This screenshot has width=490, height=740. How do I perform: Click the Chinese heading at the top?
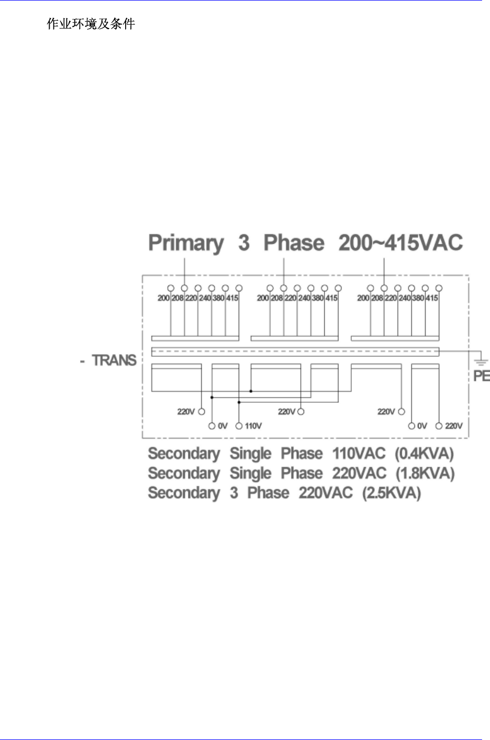click(91, 24)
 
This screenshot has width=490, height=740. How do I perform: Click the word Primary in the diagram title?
click(186, 243)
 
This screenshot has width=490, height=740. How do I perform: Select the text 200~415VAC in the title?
click(400, 243)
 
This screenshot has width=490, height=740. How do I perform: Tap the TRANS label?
click(114, 360)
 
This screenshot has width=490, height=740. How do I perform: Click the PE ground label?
click(481, 376)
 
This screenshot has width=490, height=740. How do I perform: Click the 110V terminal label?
click(253, 426)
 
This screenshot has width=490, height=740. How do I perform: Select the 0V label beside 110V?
click(222, 426)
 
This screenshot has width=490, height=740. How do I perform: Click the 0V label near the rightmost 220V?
click(422, 426)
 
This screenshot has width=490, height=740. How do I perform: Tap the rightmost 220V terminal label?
click(454, 426)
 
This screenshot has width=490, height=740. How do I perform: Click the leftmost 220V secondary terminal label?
click(186, 412)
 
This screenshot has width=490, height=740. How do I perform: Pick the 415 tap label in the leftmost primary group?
click(232, 298)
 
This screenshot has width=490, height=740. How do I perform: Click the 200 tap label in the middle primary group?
click(263, 298)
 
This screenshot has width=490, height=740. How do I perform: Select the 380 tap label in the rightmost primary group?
click(418, 298)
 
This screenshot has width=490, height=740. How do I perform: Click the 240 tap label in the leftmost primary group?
click(205, 298)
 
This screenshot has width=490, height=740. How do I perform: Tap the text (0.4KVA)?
click(424, 454)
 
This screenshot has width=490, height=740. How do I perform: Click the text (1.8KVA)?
click(425, 473)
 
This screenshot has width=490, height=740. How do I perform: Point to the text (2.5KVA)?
click(391, 494)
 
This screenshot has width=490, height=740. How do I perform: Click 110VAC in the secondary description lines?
click(359, 454)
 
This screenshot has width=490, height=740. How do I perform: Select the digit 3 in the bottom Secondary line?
click(234, 494)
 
